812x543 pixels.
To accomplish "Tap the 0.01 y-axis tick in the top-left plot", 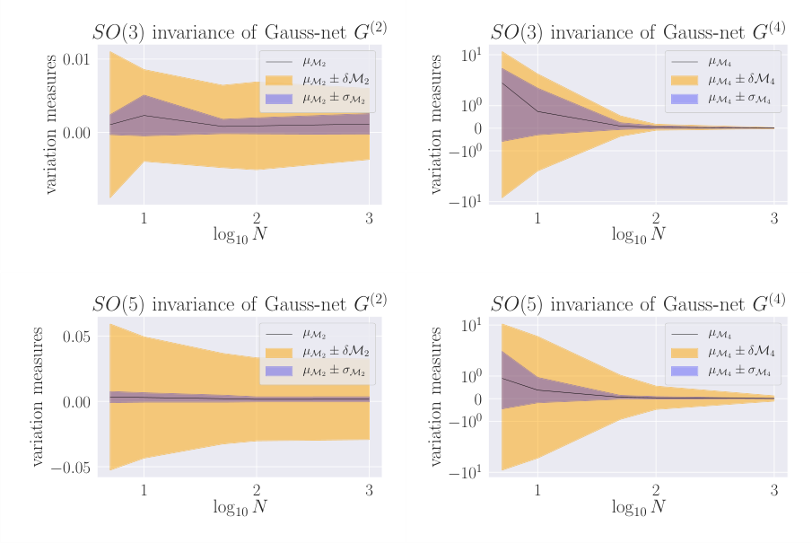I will pyautogui.click(x=74, y=59).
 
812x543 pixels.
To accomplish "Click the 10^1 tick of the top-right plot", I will pyautogui.click(x=470, y=56).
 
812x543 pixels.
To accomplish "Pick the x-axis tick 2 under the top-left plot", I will pyautogui.click(x=256, y=218).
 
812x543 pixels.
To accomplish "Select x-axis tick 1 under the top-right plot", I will pyautogui.click(x=537, y=218).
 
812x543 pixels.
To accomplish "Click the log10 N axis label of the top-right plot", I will pyautogui.click(x=638, y=235).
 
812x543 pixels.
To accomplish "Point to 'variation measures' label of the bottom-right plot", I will pyautogui.click(x=437, y=396).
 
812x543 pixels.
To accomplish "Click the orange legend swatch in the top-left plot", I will pyautogui.click(x=279, y=80).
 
